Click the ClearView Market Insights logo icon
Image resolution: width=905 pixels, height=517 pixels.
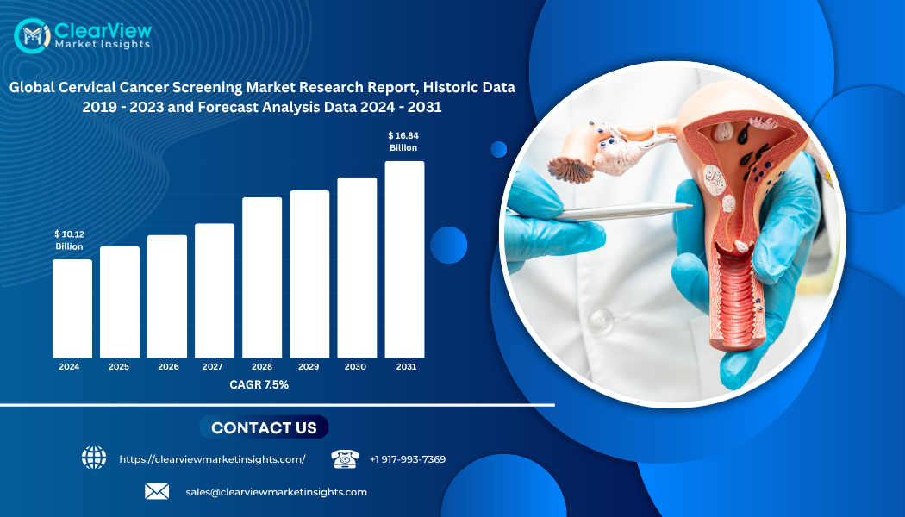(x=33, y=36)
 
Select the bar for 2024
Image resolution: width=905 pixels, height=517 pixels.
(x=72, y=308)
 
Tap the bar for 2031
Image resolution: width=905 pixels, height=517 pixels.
(x=404, y=259)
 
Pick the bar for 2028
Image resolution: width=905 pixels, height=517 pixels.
(x=262, y=277)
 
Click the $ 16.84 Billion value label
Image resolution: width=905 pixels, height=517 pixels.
(x=403, y=141)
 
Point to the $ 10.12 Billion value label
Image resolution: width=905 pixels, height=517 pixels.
(x=69, y=240)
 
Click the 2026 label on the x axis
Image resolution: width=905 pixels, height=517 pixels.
(x=169, y=366)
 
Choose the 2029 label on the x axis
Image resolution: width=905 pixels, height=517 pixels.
(x=309, y=366)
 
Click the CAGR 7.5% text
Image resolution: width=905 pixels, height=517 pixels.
(x=259, y=385)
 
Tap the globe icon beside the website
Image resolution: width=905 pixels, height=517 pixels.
(x=94, y=458)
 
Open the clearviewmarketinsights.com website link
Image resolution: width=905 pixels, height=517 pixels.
(x=212, y=459)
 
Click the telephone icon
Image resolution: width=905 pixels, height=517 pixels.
(x=345, y=458)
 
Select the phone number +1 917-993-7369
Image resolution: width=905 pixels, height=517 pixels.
(x=408, y=459)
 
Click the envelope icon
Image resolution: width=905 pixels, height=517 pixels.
(x=157, y=492)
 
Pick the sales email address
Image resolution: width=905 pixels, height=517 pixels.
(x=277, y=492)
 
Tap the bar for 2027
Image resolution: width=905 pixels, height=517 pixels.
(x=215, y=291)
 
